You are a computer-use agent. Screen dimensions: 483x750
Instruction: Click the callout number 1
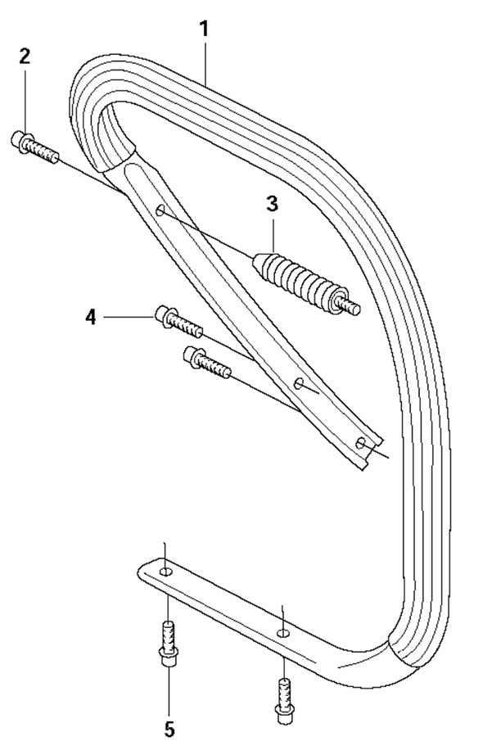pyautogui.click(x=204, y=29)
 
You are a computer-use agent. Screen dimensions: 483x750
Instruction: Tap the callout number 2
pyautogui.click(x=25, y=56)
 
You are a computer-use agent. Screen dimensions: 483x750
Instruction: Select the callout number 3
pyautogui.click(x=272, y=204)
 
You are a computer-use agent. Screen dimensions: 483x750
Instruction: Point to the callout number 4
pyautogui.click(x=91, y=317)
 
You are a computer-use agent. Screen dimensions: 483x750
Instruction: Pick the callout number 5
pyautogui.click(x=169, y=730)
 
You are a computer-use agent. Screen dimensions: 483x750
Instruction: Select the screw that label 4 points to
pyautogui.click(x=178, y=321)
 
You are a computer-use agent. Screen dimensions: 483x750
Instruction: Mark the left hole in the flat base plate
pyautogui.click(x=165, y=572)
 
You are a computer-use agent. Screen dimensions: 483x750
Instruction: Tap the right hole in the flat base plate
pyautogui.click(x=283, y=633)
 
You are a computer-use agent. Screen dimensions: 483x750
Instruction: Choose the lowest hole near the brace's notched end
pyautogui.click(x=361, y=443)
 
